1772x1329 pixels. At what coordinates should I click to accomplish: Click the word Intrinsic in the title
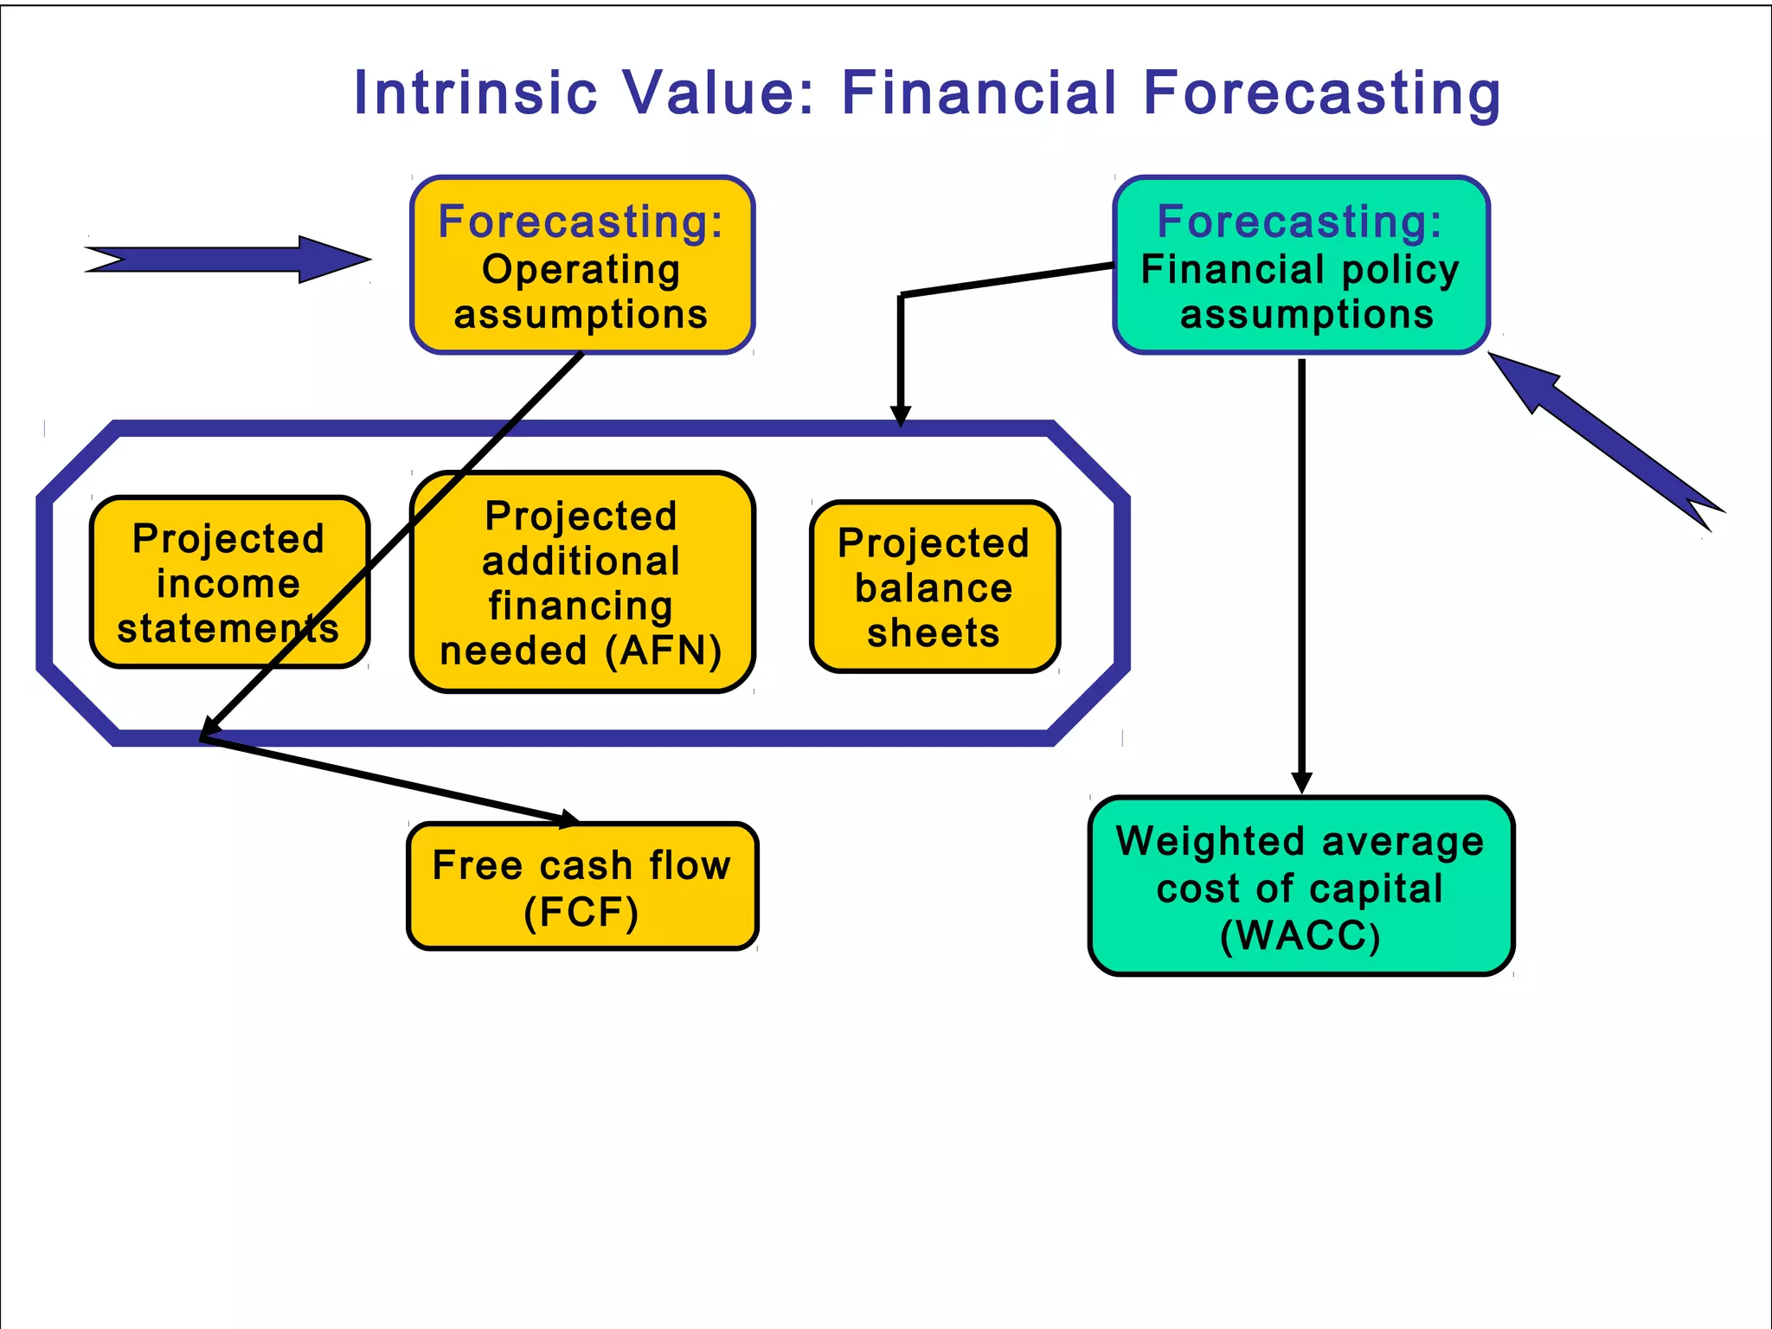tap(475, 93)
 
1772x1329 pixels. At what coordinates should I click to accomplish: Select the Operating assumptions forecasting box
tap(581, 266)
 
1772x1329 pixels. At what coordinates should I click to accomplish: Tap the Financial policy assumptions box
tap(1300, 266)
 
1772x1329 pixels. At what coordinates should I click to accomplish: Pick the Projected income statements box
tap(229, 582)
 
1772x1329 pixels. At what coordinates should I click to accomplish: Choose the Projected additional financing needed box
tap(581, 582)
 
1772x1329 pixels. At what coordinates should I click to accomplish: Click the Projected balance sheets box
tap(934, 587)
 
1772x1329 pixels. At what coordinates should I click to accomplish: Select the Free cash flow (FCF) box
tap(581, 887)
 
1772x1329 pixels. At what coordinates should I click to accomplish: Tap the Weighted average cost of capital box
tap(1300, 887)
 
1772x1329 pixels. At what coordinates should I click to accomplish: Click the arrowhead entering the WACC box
tap(1301, 782)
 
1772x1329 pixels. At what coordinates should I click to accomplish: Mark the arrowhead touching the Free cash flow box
tap(568, 818)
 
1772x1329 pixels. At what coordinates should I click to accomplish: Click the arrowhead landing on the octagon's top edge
tap(901, 415)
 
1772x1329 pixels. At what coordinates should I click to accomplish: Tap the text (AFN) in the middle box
tap(664, 651)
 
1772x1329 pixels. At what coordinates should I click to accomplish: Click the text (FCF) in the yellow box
tap(581, 912)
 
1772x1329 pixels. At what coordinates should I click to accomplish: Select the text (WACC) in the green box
tap(1300, 936)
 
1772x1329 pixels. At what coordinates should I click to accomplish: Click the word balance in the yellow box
tap(934, 588)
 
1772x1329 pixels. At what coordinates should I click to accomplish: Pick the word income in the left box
tap(228, 583)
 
